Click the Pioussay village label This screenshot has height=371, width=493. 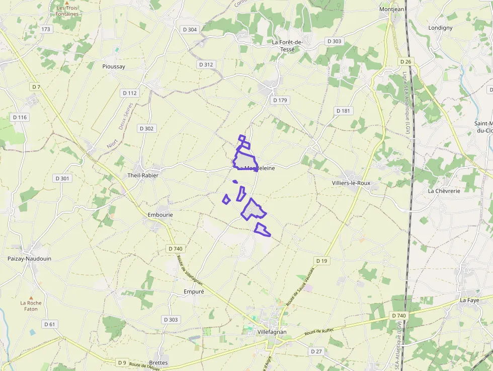coord(113,66)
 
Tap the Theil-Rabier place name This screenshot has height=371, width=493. coord(143,175)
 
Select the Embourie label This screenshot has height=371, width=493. coord(160,214)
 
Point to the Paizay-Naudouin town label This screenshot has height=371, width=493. coord(29,258)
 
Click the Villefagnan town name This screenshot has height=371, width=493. coord(272,332)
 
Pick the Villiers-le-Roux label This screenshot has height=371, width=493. coord(351,183)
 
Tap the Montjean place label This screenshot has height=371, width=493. coord(391,9)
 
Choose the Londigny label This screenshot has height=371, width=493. coord(440,28)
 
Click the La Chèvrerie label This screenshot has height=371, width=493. coord(444,191)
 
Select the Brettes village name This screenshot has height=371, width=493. coord(158,362)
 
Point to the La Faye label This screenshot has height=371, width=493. coord(470,300)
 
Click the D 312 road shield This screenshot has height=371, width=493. coord(206,64)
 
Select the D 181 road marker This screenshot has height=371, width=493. coord(343,111)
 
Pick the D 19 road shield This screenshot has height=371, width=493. coord(322,260)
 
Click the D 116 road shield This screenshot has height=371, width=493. coord(20,117)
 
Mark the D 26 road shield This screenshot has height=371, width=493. coord(406,61)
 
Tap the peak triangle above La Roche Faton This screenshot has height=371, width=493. coord(31,298)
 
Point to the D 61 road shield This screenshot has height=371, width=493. coord(49,324)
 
